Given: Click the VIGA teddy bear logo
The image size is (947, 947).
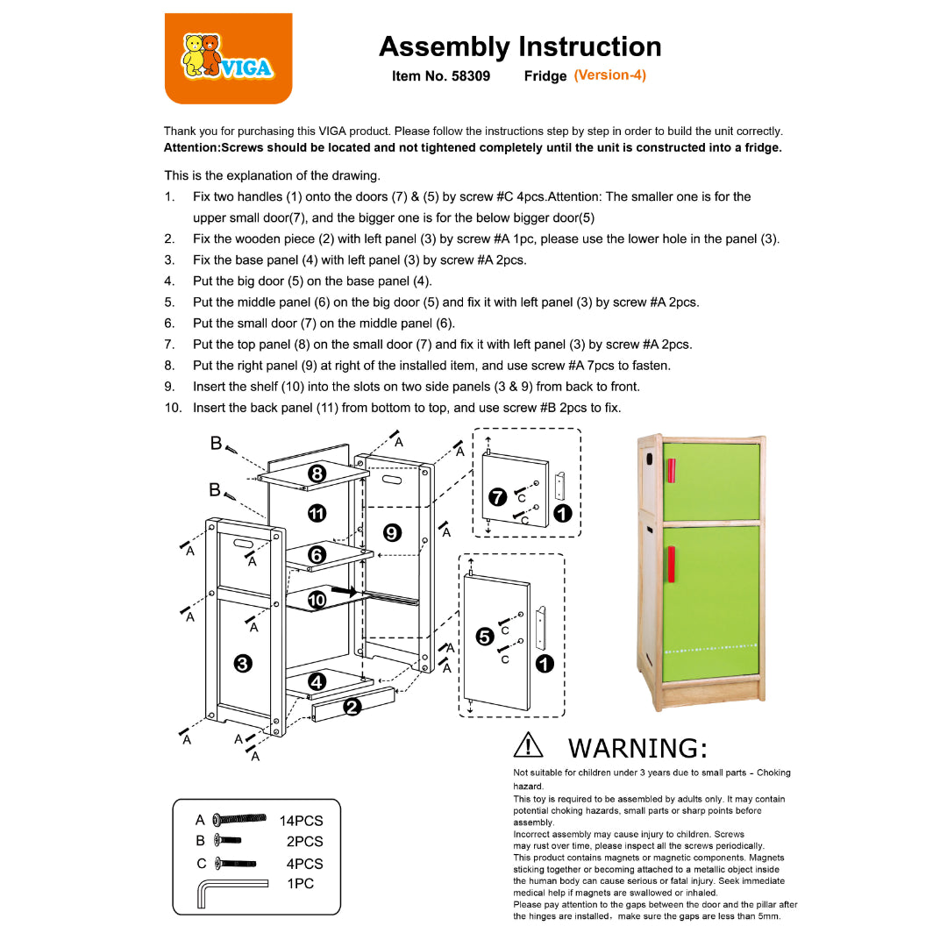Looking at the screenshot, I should tap(226, 58).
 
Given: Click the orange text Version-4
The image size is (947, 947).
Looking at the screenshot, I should tap(610, 75).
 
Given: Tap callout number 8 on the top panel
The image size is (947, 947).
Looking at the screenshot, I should tap(317, 474).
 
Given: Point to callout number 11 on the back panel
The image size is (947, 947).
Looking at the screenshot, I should tap(317, 513).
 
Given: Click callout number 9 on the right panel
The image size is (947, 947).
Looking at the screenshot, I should tap(393, 531).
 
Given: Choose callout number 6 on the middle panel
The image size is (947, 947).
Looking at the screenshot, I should tap(317, 555).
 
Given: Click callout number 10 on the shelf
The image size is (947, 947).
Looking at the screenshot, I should tap(317, 599).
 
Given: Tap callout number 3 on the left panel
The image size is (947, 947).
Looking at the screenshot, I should tap(244, 664).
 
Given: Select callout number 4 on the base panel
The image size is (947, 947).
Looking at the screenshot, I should tap(317, 681).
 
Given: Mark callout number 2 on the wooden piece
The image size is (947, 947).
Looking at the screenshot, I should tap(352, 707).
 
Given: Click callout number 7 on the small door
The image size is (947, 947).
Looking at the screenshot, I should tap(497, 497).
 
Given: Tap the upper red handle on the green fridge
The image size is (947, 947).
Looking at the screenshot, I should tap(671, 470).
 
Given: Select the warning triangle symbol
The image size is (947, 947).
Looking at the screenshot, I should tap(529, 746).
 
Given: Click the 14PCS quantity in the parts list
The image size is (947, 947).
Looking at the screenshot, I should tap(302, 822).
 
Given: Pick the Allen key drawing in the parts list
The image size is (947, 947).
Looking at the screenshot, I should tap(229, 892).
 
